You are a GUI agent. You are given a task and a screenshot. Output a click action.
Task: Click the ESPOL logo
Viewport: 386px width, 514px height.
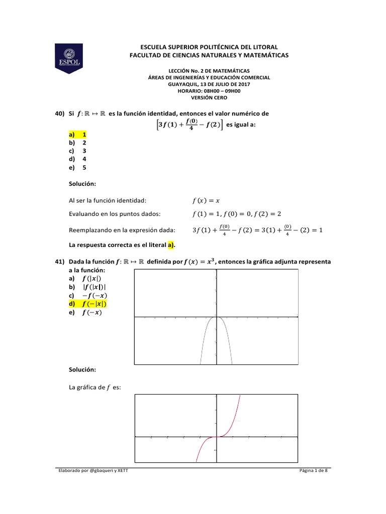[x=68, y=58]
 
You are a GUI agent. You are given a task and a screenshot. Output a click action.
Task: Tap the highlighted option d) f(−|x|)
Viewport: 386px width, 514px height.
[x=88, y=304]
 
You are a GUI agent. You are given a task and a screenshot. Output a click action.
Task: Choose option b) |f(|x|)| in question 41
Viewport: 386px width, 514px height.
[x=87, y=287]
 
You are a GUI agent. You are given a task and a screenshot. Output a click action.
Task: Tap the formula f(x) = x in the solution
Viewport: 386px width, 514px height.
[x=206, y=201]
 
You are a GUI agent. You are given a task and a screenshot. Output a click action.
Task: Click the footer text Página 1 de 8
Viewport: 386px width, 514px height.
[x=313, y=470]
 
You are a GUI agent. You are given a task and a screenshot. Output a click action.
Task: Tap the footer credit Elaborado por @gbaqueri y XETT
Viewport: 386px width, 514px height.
[x=95, y=470]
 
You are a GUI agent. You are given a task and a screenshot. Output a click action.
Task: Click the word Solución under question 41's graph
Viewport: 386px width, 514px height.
[x=82, y=369]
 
